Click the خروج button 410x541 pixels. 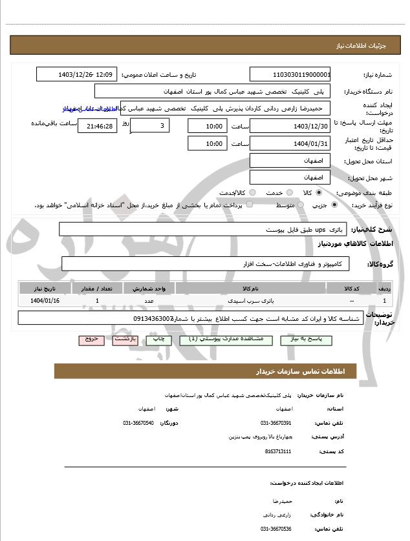(91, 340)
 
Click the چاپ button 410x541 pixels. (158, 340)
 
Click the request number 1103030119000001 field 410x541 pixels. (290, 74)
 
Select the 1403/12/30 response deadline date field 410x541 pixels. (290, 125)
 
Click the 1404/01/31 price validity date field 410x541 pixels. (290, 143)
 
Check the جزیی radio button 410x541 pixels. (334, 205)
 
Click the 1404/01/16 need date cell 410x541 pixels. (45, 301)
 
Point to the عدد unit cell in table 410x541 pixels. (148, 301)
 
